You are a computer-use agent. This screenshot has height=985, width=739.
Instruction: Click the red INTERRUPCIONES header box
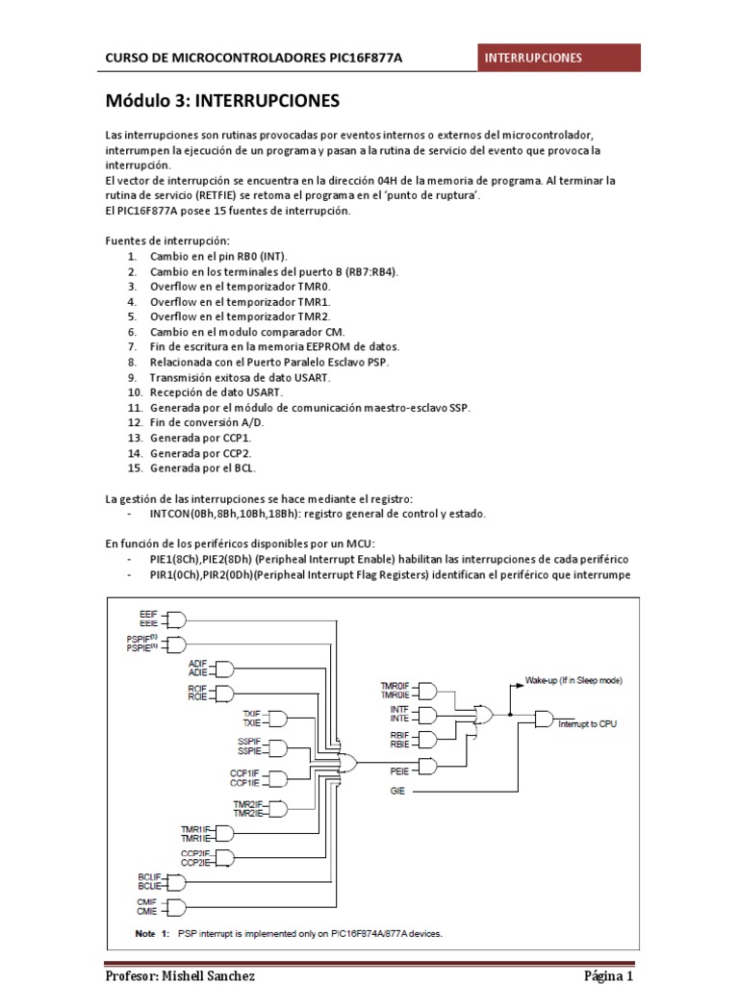pos(560,58)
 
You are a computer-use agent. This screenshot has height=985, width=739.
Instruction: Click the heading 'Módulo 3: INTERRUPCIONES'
pos(222,100)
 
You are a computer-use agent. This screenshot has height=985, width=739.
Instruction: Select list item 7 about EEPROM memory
pos(274,346)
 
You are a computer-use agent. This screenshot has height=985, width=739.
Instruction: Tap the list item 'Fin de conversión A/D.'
pos(206,422)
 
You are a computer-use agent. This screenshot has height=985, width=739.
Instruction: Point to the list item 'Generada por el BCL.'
pos(202,468)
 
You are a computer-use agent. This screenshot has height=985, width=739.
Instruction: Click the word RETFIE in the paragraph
pos(220,195)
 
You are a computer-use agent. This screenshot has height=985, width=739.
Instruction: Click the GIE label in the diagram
pos(396,791)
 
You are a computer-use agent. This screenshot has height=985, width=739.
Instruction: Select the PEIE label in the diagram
pos(399,770)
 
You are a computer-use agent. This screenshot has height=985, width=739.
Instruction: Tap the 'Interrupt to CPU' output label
pos(587,723)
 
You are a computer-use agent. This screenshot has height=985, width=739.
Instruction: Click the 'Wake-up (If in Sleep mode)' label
pos(573,680)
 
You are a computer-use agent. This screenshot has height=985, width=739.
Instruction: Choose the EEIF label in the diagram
pos(148,613)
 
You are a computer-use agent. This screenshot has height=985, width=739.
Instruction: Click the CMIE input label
pos(146,911)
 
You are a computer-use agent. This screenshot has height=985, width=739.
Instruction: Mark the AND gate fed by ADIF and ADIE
pos(226,669)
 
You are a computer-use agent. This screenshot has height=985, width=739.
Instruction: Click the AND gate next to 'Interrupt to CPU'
pos(543,720)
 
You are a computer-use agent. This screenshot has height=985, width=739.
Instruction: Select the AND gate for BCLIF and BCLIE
pos(176,882)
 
